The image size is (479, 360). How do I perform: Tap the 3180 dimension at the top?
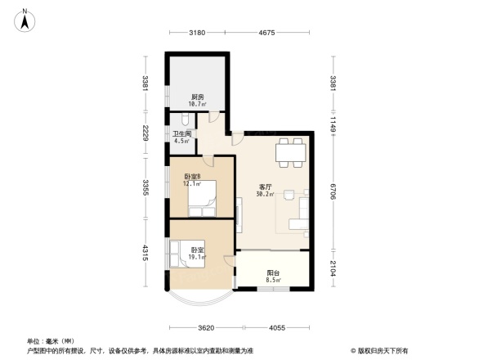196,33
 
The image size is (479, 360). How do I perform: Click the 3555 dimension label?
144,187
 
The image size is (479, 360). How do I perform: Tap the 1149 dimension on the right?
333,122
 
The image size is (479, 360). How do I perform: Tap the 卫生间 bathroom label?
181,133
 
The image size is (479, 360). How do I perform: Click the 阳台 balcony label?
273,274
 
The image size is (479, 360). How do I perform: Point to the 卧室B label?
191,177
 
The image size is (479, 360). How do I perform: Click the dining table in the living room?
290,152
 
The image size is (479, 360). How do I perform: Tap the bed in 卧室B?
203,198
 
